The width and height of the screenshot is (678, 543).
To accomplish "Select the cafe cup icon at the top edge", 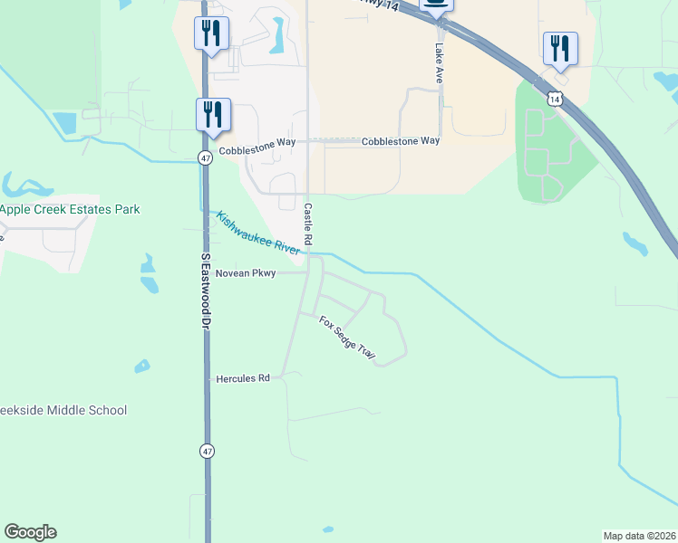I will tap(436, 5).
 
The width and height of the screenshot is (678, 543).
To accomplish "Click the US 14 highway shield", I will tap(553, 97).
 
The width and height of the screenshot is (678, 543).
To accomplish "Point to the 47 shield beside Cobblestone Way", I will tap(207, 157).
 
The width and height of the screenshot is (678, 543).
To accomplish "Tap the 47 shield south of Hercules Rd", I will tap(207, 450).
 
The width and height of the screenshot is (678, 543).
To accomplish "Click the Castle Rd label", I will tap(308, 224).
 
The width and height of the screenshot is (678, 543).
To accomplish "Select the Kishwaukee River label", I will tap(258, 233).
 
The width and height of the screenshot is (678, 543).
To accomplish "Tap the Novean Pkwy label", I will tap(245, 272).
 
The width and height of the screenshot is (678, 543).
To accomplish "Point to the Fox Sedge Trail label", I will tap(346, 338).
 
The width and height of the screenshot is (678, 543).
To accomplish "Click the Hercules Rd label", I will tap(243, 378).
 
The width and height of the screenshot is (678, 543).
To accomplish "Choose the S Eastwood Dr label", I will tap(206, 292).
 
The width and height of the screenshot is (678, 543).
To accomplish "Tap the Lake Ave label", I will tap(439, 63).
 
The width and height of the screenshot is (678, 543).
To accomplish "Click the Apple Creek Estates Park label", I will tap(70, 209).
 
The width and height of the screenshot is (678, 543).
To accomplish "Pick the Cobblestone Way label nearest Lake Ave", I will tap(401, 141).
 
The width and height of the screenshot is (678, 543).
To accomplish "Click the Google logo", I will tap(30, 532).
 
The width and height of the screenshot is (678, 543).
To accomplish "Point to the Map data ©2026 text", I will tap(639, 535).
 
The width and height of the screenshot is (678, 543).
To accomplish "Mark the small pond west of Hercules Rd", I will tap(142, 367).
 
